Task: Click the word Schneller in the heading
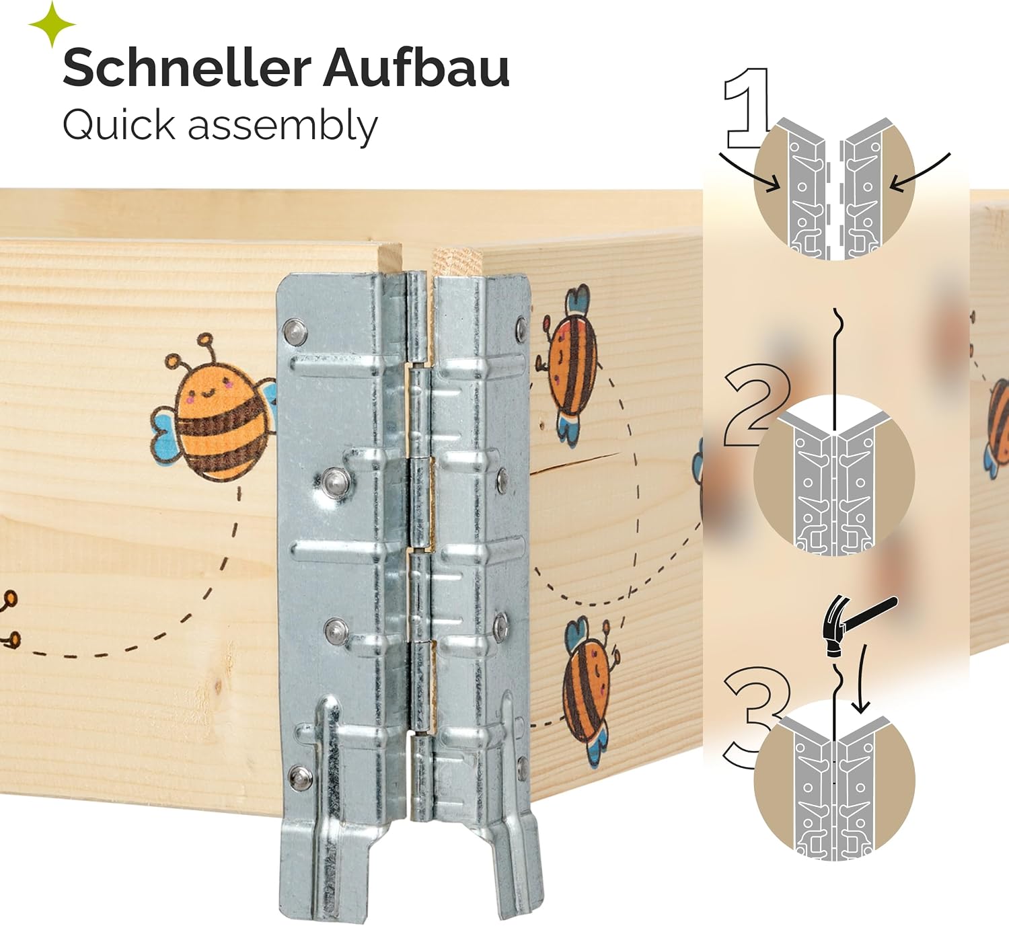pyautogui.click(x=187, y=69)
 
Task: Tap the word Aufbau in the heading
pyautogui.click(x=416, y=68)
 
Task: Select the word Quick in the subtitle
pyautogui.click(x=119, y=125)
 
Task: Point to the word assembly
pyautogui.click(x=283, y=126)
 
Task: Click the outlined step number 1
pyautogui.click(x=746, y=108)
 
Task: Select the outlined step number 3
pyautogui.click(x=755, y=718)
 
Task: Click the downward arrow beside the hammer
pyautogui.click(x=861, y=679)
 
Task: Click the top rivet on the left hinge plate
pyautogui.click(x=295, y=332)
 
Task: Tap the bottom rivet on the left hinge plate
pyautogui.click(x=300, y=777)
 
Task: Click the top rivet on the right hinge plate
pyautogui.click(x=521, y=330)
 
